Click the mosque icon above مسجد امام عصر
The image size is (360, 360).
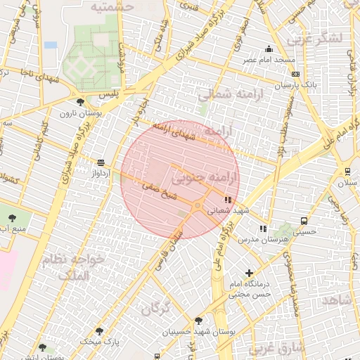pos(268,49)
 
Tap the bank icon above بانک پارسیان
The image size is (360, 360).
pos(296,73)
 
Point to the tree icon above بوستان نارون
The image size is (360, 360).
pos(80,102)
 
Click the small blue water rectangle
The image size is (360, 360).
pos(50,44)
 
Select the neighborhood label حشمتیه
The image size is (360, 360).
pos(112,6)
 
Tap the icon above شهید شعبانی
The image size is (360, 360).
pos(226,200)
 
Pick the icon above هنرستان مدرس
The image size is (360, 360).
pos(262,229)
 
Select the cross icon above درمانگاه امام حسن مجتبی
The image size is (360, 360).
pos(250,273)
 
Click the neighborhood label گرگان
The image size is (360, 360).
pos(155,308)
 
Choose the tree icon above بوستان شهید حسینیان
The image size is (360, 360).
pos(199,320)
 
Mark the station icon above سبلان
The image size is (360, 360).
pos(347,172)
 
